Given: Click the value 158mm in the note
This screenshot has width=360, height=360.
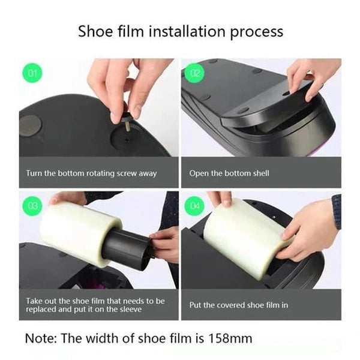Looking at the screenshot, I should coord(229,338).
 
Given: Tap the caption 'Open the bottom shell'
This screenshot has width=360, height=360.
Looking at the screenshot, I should coord(229,173).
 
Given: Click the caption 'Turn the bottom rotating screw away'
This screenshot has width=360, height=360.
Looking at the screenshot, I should coord(91,173).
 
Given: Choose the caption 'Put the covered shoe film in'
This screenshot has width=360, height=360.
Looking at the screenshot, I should coord(239,305).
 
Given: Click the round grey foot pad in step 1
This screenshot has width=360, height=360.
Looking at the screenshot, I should coord(30,125).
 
